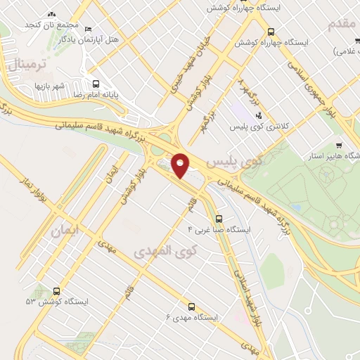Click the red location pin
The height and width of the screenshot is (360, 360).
coord(181,165)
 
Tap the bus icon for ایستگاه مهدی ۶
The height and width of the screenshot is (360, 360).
coord(191,306)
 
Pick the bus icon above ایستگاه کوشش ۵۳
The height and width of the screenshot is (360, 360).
coord(56,290)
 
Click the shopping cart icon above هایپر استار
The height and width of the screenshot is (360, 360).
coord(338,145)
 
